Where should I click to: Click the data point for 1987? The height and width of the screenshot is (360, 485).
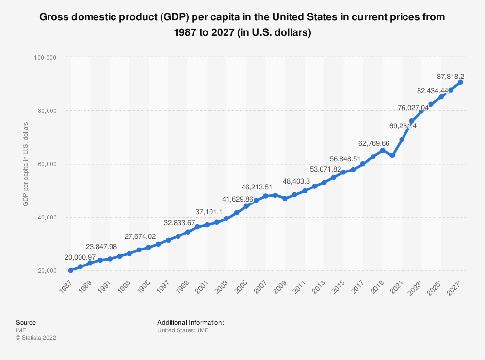(71, 270)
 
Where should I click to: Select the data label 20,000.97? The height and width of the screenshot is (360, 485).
(81, 257)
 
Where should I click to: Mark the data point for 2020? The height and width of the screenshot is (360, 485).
(392, 156)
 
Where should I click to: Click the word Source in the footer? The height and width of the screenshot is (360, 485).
(26, 322)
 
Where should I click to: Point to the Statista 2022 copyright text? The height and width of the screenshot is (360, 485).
(36, 338)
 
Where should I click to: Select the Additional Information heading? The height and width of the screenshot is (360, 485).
(190, 322)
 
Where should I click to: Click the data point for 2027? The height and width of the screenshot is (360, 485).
(461, 82)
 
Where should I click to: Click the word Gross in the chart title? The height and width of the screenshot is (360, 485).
(54, 18)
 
